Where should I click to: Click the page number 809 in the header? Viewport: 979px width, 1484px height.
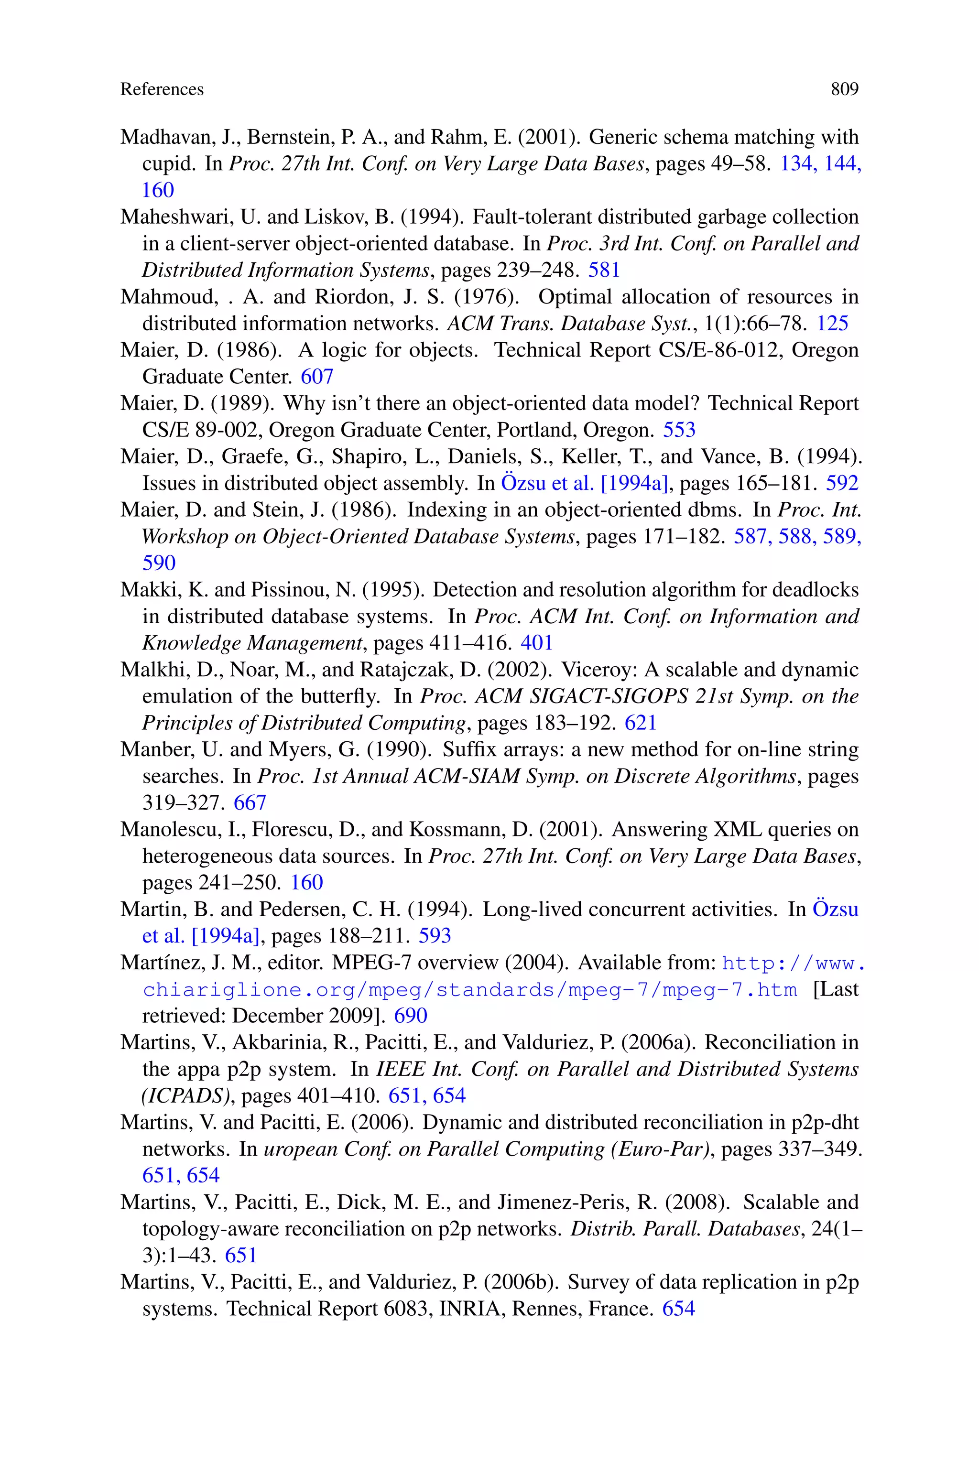pos(844,89)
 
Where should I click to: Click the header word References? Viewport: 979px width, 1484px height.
pos(162,89)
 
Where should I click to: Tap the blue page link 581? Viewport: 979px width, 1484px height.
pos(604,270)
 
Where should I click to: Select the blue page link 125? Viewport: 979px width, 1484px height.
pos(832,323)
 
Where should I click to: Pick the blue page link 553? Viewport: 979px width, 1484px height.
pos(679,430)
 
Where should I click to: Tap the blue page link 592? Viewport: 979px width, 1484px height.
pos(842,483)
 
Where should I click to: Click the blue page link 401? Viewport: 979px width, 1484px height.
pos(536,643)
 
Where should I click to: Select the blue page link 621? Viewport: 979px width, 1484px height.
pos(641,723)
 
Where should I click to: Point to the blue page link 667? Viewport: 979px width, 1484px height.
pos(250,802)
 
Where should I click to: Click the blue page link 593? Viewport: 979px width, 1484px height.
pos(435,935)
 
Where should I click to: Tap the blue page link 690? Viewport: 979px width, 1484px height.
pos(410,1015)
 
